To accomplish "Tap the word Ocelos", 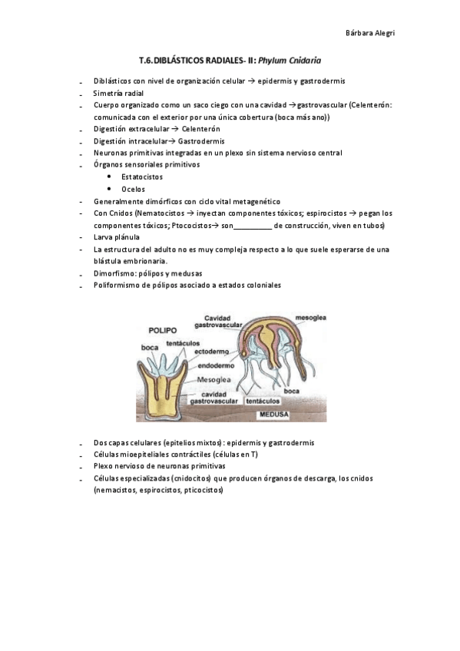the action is [x=133, y=189].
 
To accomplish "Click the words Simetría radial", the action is [x=118, y=92].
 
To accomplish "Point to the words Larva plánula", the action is [x=117, y=237].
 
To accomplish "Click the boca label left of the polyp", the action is [x=150, y=347].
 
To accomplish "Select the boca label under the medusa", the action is [x=291, y=392].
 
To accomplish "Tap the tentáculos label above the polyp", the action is [x=183, y=343].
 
